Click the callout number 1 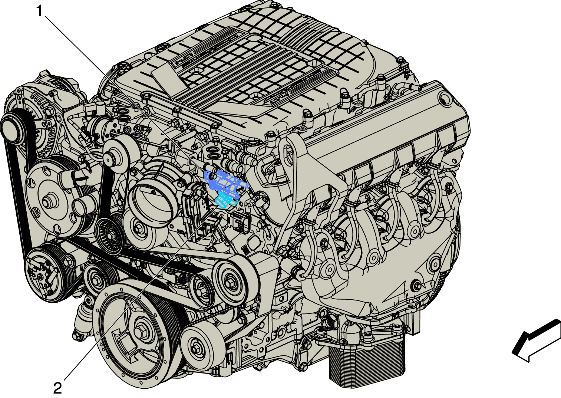click(40, 11)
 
